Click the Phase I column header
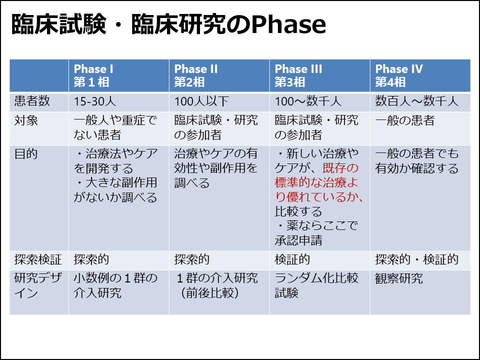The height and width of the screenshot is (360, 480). [x=93, y=75]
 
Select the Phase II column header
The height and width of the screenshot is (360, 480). [x=196, y=75]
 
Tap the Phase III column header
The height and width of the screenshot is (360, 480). [x=298, y=75]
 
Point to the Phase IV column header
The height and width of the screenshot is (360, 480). [x=399, y=75]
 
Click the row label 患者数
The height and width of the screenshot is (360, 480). [x=32, y=101]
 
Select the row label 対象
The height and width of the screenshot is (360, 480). [x=26, y=120]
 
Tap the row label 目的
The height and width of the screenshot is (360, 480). [x=26, y=153]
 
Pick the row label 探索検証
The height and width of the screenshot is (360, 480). [x=38, y=259]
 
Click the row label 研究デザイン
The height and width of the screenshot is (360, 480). [x=38, y=285]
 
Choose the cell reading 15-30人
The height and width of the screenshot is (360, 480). [x=95, y=101]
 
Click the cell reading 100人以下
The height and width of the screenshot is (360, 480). [x=201, y=101]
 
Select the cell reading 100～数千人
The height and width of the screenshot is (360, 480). [x=308, y=101]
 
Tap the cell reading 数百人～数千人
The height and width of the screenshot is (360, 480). [x=417, y=101]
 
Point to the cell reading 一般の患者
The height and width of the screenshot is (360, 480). [x=404, y=120]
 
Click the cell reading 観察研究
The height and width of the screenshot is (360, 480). [x=399, y=278]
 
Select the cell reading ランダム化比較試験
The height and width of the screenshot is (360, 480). [x=316, y=285]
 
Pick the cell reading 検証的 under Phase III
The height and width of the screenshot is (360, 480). [x=292, y=259]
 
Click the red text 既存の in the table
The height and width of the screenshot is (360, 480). [x=340, y=168]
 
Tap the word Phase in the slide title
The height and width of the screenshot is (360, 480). [x=288, y=24]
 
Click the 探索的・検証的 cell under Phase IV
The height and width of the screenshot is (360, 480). [x=417, y=259]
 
